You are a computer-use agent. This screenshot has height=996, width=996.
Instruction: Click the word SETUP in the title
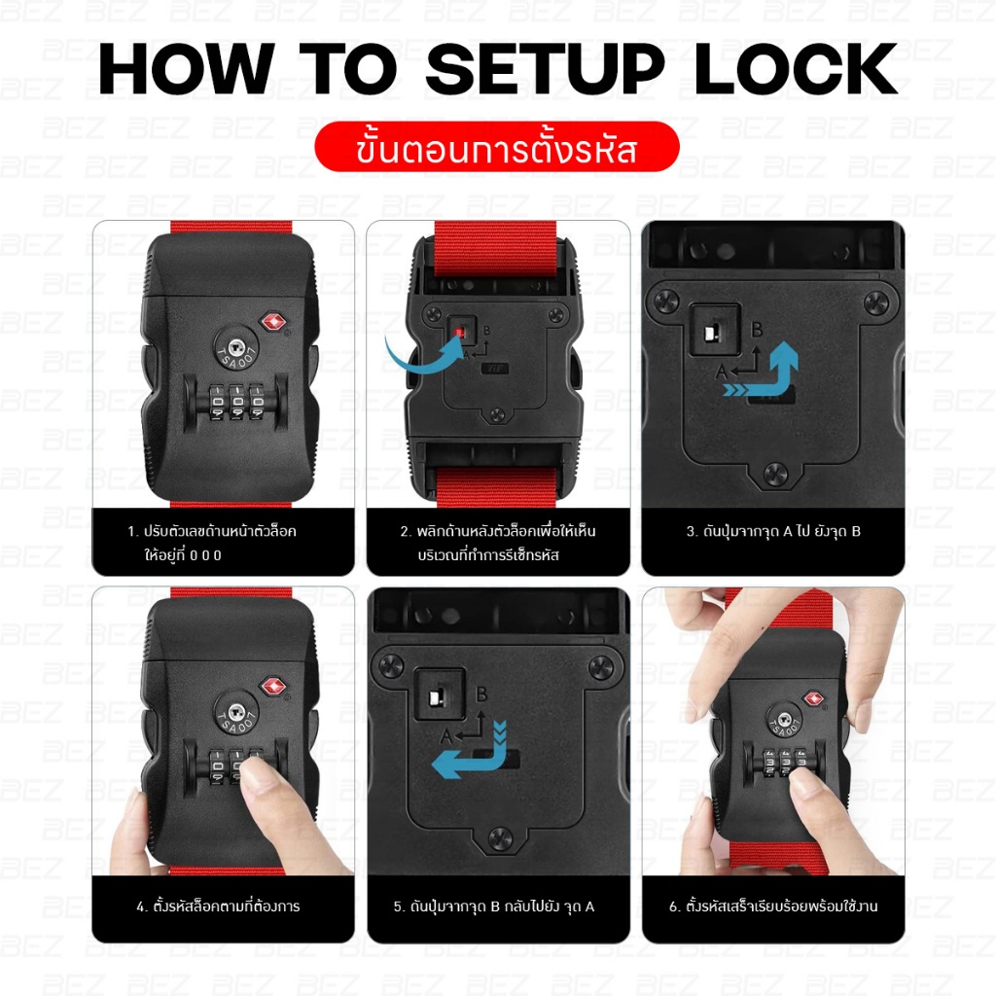(545, 69)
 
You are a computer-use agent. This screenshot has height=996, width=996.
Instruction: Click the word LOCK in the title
(797, 69)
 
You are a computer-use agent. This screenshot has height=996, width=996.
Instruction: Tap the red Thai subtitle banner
(497, 147)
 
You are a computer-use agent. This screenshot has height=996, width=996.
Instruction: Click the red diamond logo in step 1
(273, 322)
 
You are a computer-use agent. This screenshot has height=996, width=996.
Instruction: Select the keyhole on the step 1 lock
(234, 347)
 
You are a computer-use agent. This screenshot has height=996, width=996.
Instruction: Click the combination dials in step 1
(236, 401)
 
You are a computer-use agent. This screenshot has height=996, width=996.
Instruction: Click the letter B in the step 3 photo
(757, 330)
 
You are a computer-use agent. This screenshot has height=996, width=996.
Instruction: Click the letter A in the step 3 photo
(721, 373)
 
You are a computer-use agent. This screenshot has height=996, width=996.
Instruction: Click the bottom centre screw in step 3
(774, 474)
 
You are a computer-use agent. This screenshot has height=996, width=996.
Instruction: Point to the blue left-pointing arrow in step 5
(470, 759)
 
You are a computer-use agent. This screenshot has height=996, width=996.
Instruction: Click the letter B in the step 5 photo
(481, 694)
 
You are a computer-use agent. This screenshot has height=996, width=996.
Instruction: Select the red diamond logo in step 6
(814, 698)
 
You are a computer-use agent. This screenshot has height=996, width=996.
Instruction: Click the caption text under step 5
(494, 907)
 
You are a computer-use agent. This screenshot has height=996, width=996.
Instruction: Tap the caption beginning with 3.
(773, 531)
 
